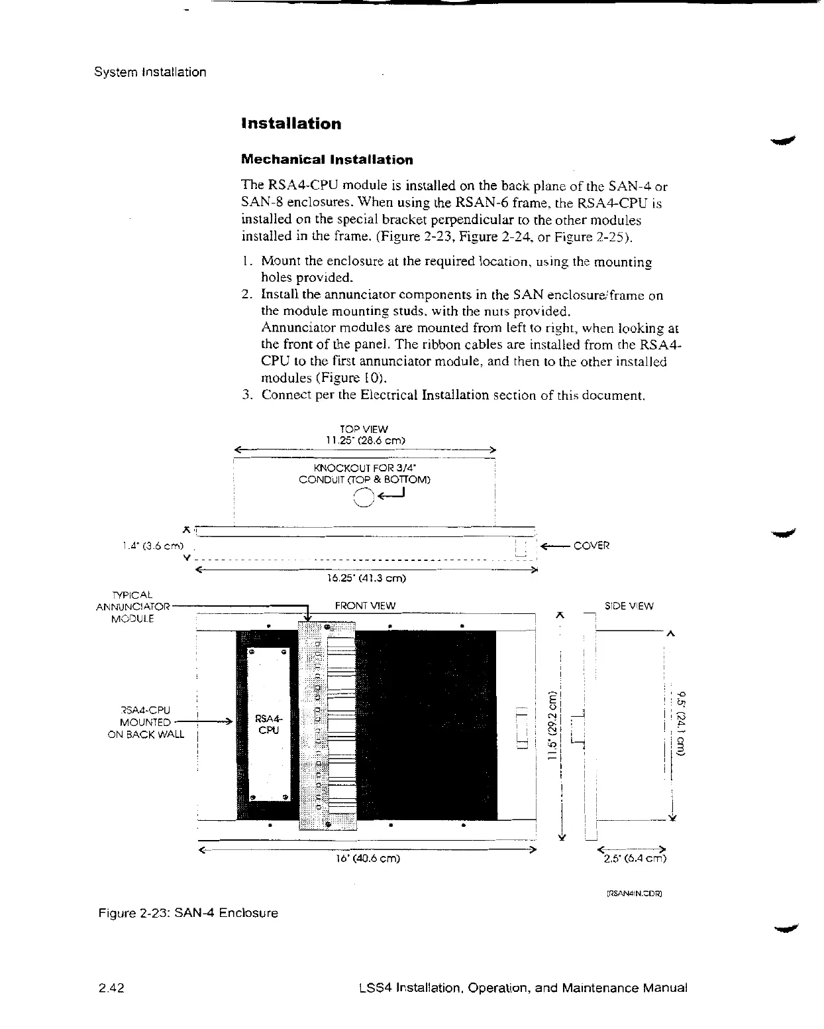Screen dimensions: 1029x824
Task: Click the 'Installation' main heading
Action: [291, 124]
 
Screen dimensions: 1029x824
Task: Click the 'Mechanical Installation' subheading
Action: [327, 160]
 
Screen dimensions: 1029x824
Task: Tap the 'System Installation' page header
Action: [150, 72]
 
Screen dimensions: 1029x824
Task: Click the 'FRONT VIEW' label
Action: [365, 605]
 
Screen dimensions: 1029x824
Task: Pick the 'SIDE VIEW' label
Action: [629, 606]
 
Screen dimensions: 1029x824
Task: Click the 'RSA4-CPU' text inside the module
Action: [268, 724]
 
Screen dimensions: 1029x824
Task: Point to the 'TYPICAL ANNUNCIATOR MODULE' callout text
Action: [133, 606]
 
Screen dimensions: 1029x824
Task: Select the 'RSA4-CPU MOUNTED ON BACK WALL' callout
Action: [146, 722]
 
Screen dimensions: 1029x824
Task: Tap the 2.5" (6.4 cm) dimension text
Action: [633, 861]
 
